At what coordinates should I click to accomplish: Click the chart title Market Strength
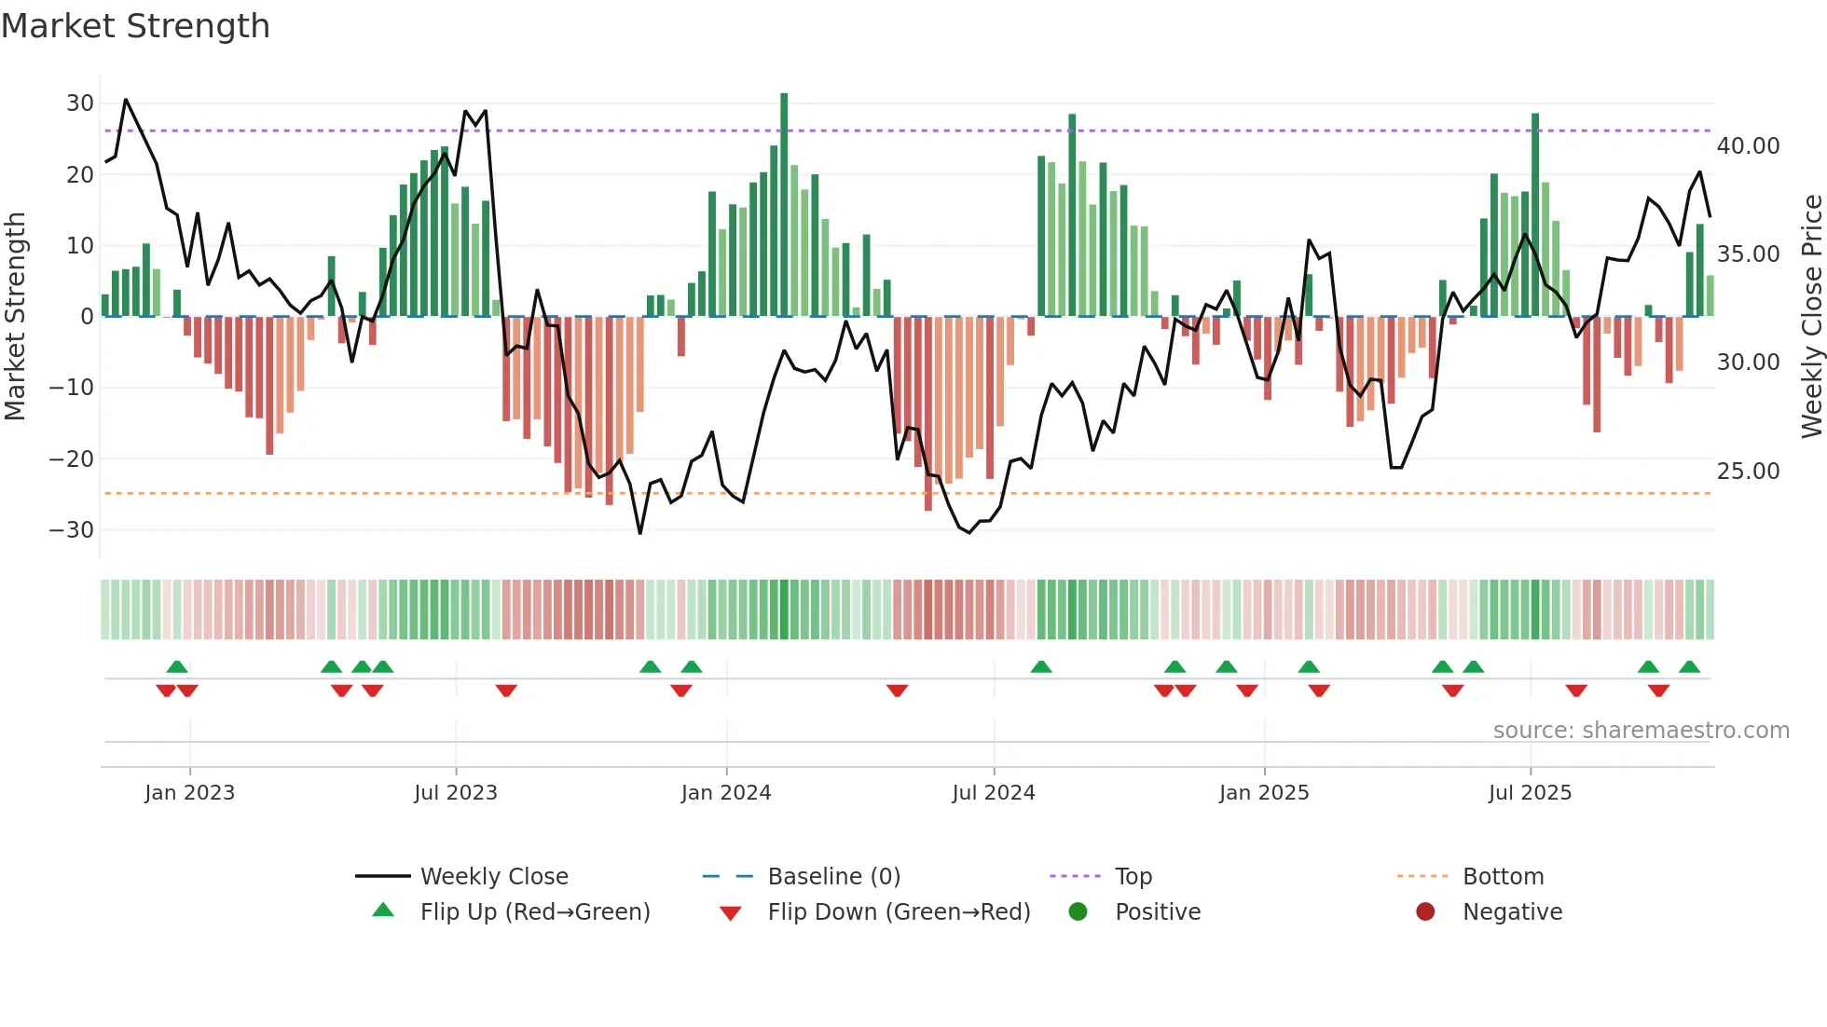135,26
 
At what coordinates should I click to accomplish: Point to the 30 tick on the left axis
80,103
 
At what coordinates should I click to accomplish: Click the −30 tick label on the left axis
72,530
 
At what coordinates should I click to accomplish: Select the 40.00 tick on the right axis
1748,146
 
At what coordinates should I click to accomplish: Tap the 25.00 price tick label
1748,472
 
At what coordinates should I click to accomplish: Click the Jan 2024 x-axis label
725,793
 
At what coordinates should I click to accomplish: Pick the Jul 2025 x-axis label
1529,793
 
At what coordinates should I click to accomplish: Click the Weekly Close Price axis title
1811,317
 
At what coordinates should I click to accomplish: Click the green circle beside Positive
1078,912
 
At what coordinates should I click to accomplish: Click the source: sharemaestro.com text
1641,731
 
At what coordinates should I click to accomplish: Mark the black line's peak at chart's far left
126,100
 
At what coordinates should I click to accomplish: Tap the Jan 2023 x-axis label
189,793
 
